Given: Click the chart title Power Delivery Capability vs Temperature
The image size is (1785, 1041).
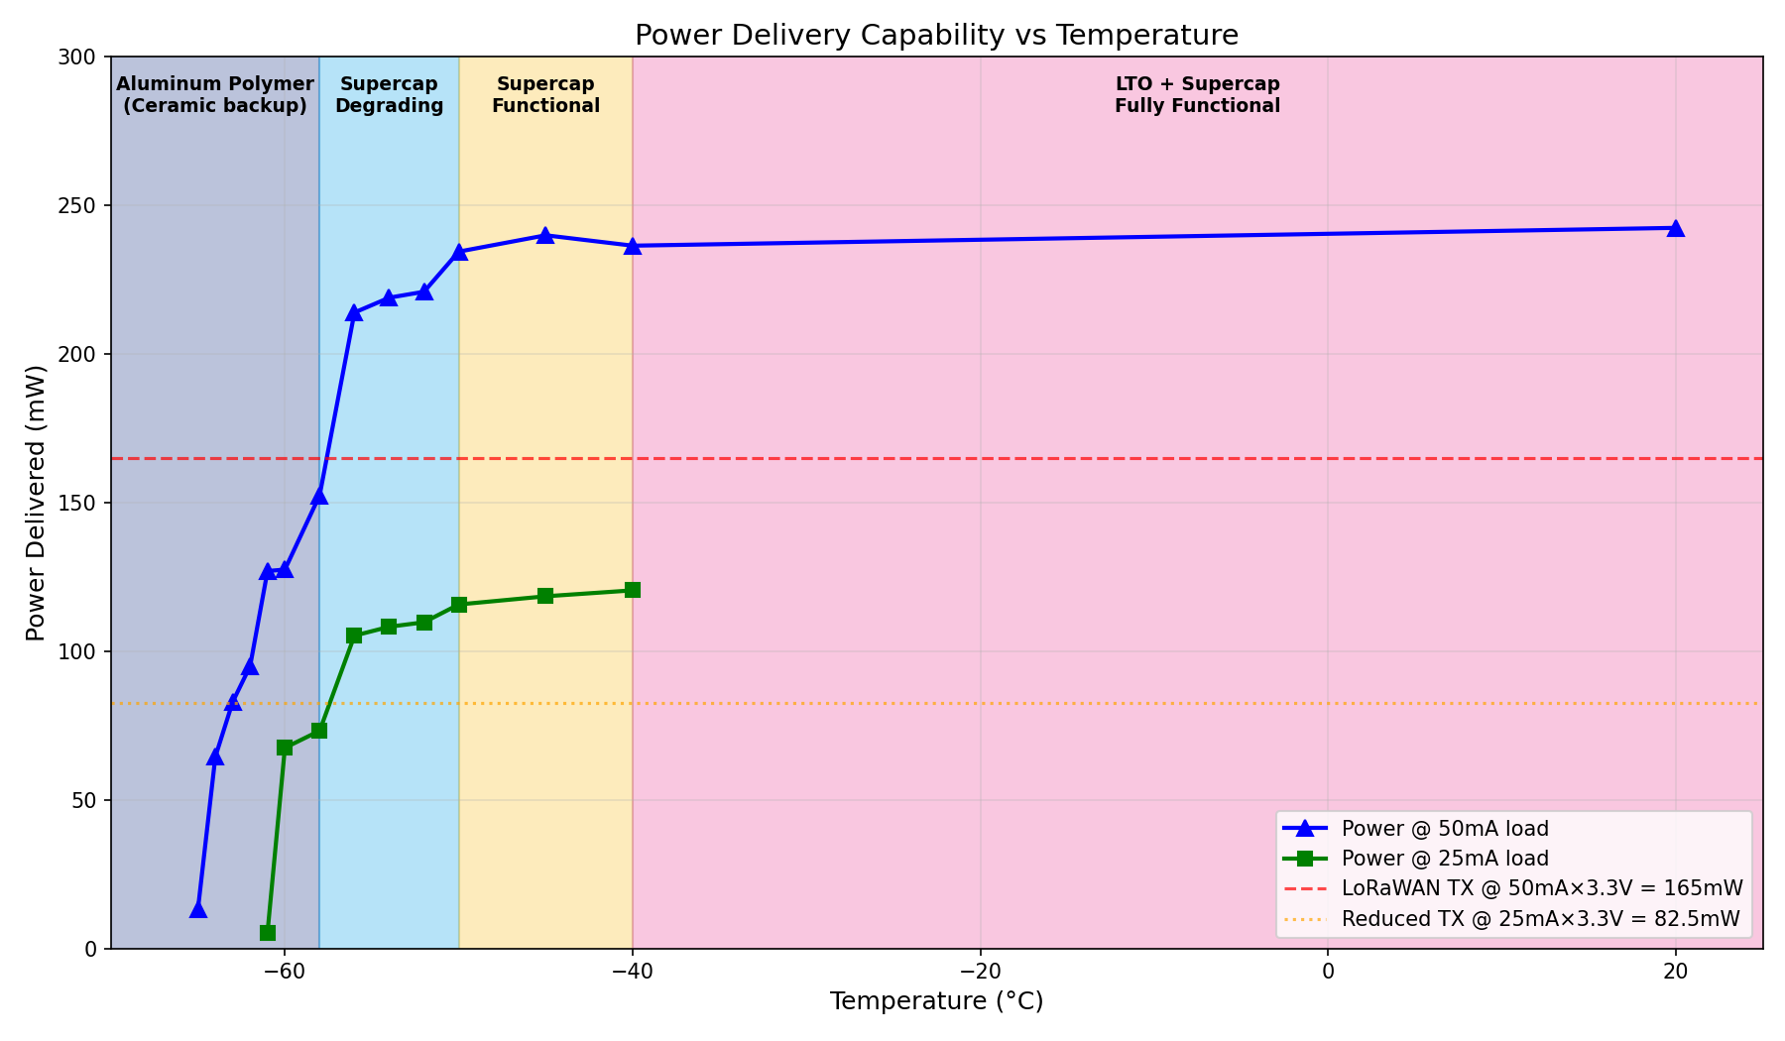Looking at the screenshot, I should point(936,36).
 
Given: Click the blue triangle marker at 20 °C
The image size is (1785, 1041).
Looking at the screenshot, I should point(1676,228).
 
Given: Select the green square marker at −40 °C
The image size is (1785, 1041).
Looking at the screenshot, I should point(633,590).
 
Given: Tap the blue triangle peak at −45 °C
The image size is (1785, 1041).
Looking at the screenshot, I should point(545,235).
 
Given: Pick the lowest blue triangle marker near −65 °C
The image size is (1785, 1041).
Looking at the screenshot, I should point(198,909).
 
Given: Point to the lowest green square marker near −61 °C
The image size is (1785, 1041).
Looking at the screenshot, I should point(268,933).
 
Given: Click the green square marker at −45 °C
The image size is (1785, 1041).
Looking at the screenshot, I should point(545,596).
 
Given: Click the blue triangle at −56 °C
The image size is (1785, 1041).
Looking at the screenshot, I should point(354,313).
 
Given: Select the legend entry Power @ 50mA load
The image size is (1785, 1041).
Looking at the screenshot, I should point(1444,829).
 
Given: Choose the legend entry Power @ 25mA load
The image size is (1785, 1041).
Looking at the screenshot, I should point(1444,859).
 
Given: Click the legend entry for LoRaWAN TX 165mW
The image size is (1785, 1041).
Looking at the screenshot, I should point(1541,888).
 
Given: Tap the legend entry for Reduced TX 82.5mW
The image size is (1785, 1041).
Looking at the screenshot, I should point(1540,919).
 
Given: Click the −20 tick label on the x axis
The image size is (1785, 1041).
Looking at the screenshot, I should point(980,972).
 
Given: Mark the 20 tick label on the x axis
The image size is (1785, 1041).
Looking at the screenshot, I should point(1676,972).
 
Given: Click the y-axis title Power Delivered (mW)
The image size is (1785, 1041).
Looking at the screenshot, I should point(36,503).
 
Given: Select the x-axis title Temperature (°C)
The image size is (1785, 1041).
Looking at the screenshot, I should point(936,1001).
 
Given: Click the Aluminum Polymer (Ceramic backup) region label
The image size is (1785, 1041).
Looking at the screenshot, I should point(215,95).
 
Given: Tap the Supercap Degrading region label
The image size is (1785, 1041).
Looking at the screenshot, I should point(389,95).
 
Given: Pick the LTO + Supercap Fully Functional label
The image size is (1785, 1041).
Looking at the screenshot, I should point(1197,95).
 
